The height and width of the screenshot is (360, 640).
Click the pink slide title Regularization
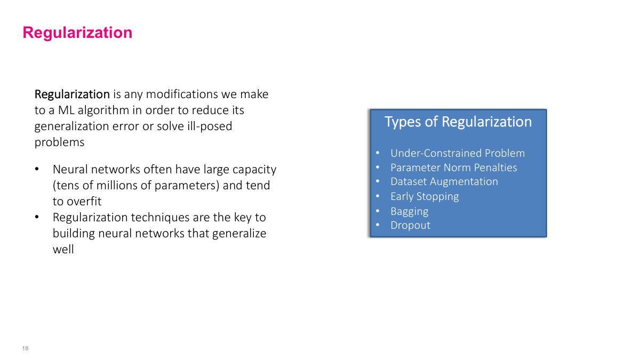77,33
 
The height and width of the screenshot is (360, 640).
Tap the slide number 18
25,349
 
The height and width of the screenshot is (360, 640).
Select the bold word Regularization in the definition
72,94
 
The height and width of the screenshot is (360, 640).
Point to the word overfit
84,202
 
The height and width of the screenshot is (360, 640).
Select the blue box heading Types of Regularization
458,122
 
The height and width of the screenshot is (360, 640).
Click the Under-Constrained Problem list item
457,154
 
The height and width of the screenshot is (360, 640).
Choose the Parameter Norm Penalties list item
453,168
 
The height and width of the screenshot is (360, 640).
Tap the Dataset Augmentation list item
444,182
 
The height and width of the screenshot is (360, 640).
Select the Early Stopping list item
425,197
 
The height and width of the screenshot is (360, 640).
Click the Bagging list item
409,211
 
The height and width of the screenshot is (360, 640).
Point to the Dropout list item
410,226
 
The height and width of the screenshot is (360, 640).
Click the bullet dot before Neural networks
37,170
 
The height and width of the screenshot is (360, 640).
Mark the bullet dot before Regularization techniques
37,218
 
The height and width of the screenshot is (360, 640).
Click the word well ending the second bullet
63,249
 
